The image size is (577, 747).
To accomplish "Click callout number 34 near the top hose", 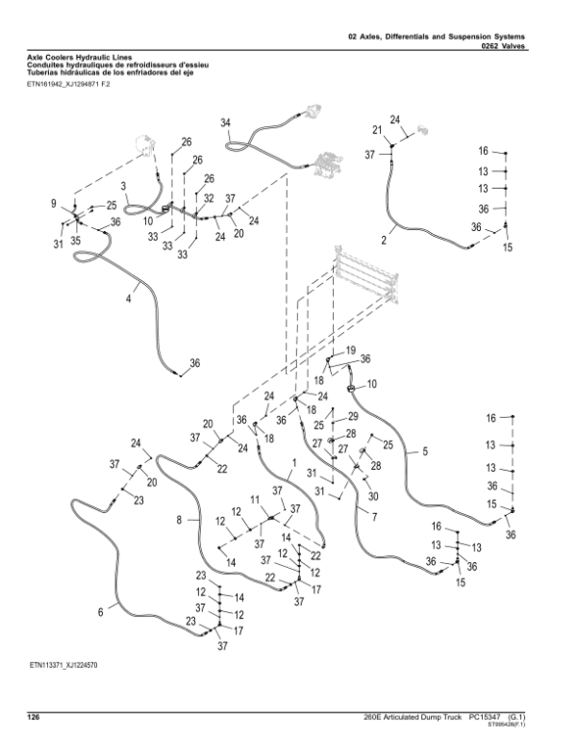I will point(225,122).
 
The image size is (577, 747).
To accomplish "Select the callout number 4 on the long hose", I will point(128,300).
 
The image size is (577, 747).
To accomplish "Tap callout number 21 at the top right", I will point(377,129).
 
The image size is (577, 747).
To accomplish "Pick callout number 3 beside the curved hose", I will point(124,185).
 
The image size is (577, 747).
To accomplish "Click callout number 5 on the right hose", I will point(425,450).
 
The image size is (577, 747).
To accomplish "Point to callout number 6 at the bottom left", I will point(101,610).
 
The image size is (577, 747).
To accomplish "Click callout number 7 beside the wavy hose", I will point(374,518).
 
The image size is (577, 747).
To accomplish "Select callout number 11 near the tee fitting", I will point(255,500).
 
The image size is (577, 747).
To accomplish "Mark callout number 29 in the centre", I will point(353,415).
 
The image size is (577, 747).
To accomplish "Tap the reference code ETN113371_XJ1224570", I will point(63,665).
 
